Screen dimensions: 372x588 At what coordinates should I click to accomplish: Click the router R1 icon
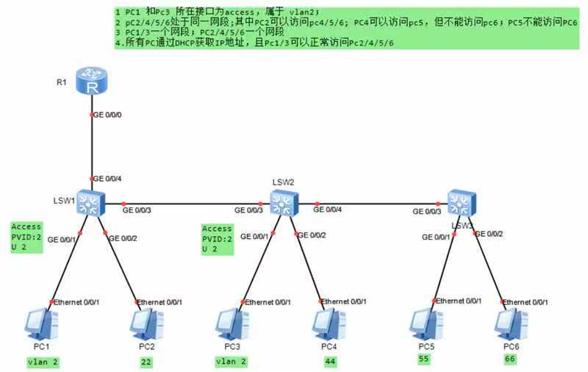click(x=93, y=82)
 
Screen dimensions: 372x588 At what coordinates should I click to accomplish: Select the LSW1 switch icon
click(x=92, y=201)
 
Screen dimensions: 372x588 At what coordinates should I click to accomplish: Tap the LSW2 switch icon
click(x=282, y=201)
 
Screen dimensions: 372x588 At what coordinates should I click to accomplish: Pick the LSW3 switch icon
click(x=462, y=201)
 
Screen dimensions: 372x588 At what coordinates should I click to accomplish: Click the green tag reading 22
click(x=146, y=361)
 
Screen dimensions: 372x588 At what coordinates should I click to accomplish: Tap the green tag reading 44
click(x=330, y=361)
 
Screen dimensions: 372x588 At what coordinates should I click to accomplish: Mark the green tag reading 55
click(x=424, y=359)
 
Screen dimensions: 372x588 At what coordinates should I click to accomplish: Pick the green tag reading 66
click(x=511, y=359)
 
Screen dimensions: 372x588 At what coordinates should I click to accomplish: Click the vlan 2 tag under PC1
click(x=42, y=361)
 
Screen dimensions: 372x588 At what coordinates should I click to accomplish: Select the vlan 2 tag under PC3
click(x=231, y=361)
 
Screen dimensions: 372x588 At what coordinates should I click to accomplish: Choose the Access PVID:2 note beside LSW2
click(x=218, y=239)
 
